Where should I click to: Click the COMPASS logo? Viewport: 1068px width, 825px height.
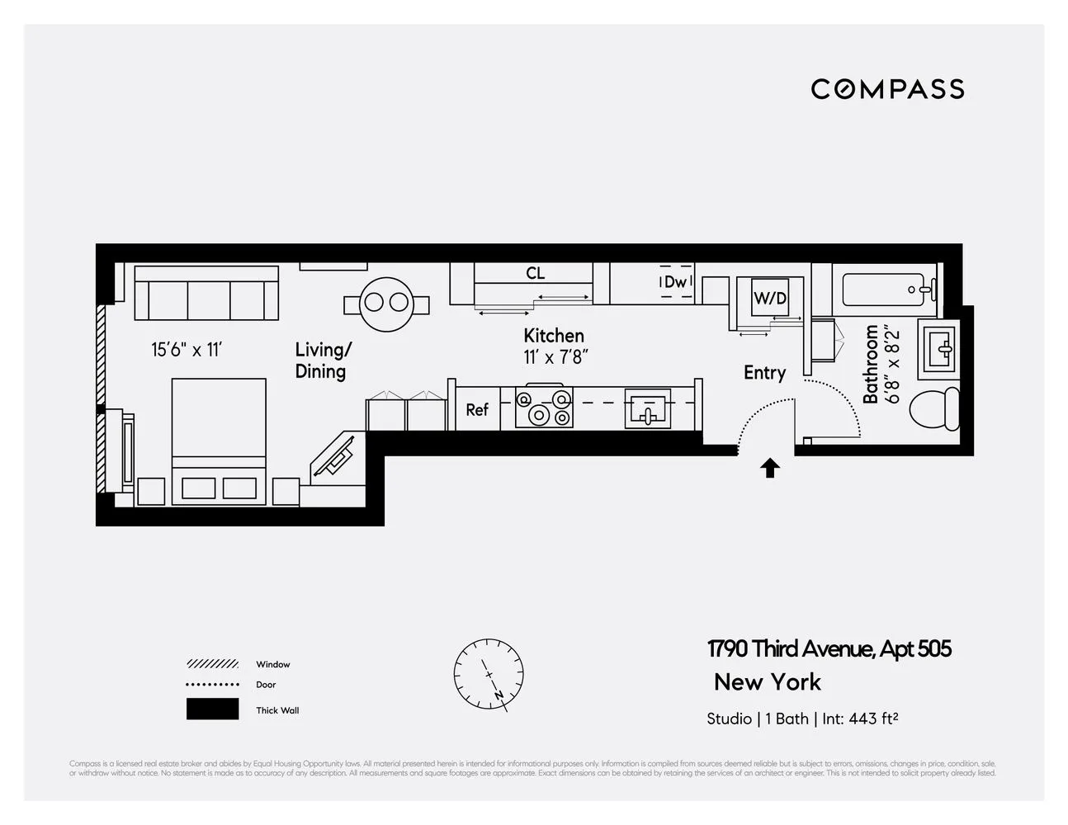887,89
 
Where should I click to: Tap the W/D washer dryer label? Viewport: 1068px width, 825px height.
769,299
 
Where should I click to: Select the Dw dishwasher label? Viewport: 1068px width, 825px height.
675,282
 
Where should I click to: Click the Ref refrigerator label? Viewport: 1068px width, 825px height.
477,409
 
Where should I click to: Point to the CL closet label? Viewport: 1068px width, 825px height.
535,273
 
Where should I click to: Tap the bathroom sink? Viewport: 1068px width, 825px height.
940,349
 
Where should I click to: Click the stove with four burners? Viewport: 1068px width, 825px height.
544,407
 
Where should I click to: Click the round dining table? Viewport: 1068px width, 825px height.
386,303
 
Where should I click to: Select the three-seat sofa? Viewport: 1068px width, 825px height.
206,294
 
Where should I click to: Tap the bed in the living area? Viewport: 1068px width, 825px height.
219,441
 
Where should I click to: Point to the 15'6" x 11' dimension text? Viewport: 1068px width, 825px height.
187,350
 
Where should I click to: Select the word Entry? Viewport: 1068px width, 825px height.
764,373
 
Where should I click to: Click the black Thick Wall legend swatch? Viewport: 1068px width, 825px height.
212,709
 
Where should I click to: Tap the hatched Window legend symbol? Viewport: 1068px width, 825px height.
212,664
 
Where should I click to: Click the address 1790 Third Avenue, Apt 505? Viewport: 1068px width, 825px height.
829,649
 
